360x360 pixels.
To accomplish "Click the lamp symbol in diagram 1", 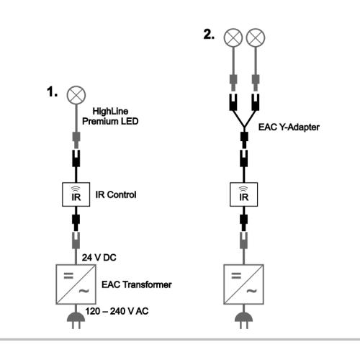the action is pyautogui.click(x=76, y=95).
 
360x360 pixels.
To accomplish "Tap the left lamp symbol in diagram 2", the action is pyautogui.click(x=233, y=37).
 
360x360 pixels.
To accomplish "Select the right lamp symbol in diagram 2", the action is pyautogui.click(x=256, y=37).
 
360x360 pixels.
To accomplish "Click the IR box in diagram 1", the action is pyautogui.click(x=76, y=194).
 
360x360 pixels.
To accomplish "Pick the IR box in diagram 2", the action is pyautogui.click(x=244, y=194).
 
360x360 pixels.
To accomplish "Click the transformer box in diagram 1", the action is pyautogui.click(x=76, y=284).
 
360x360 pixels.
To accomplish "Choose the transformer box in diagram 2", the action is pyautogui.click(x=244, y=284).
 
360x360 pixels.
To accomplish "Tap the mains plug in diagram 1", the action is pyautogui.click(x=76, y=320).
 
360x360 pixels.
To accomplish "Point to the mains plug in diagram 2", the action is pyautogui.click(x=244, y=320).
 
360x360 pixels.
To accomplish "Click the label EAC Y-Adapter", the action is pyautogui.click(x=289, y=127).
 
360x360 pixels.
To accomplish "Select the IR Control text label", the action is pyautogui.click(x=116, y=194).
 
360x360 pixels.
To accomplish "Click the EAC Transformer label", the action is pyautogui.click(x=137, y=284).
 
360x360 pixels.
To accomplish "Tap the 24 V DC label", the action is pyautogui.click(x=99, y=258).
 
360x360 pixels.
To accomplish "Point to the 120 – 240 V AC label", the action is pyautogui.click(x=117, y=311).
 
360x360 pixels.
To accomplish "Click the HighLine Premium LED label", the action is pyautogui.click(x=110, y=117).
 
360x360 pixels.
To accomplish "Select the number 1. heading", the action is pyautogui.click(x=52, y=92).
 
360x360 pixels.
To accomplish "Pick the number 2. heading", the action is pyautogui.click(x=209, y=35).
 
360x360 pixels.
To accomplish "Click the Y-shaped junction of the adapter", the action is pyautogui.click(x=244, y=127).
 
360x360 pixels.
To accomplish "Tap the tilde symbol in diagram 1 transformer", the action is pyautogui.click(x=84, y=291).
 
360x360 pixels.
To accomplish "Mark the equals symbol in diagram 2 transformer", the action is pyautogui.click(x=236, y=276).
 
